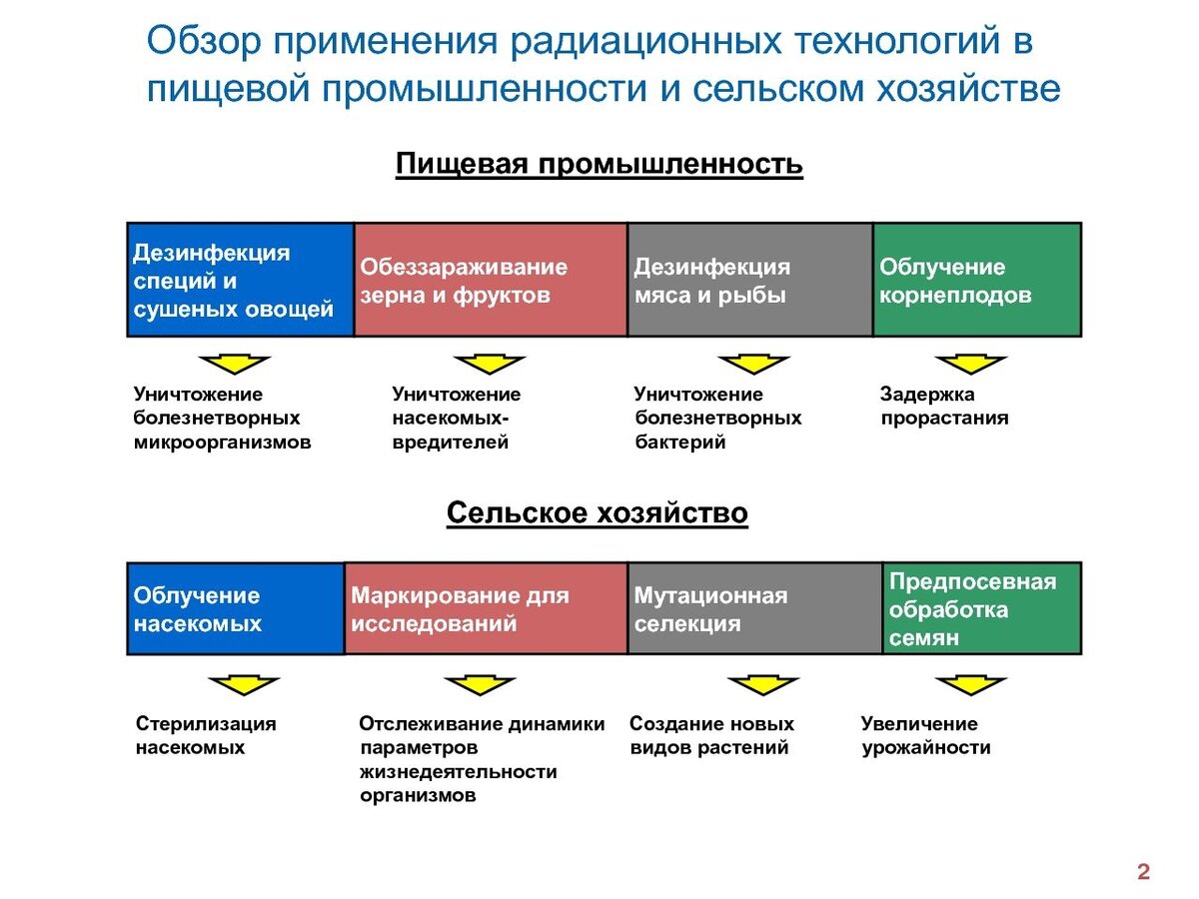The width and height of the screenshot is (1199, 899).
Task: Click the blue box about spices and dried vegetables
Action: pos(240,280)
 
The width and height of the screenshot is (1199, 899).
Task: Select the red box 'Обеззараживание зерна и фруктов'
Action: pos(491,280)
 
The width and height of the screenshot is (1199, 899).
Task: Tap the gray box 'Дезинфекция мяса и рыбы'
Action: pos(749,280)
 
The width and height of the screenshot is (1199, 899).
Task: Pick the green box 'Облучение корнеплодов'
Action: pos(976,280)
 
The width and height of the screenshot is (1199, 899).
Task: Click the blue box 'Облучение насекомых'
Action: pos(235,608)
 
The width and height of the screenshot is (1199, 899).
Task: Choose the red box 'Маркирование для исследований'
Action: pos(486,608)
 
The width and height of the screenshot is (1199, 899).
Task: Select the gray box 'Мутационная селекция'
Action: pos(754,608)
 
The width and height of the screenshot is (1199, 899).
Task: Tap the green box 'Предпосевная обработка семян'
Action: pos(981,608)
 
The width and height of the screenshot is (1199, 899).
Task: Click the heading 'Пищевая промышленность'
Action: pos(599,164)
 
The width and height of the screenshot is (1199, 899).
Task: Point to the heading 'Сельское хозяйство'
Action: pos(597,513)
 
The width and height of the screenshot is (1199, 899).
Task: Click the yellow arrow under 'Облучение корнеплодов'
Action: pos(970,365)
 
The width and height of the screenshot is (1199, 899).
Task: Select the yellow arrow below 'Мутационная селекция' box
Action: pos(763,686)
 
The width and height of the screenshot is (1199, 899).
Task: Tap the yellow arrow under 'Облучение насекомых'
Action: pos(244,686)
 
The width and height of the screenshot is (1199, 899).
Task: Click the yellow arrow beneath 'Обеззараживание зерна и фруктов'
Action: pos(489,365)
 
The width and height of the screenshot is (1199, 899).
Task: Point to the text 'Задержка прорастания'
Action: pos(943,407)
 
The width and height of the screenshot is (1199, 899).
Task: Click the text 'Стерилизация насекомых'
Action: pos(205,735)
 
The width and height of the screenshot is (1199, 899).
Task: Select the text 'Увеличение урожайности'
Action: pos(925,735)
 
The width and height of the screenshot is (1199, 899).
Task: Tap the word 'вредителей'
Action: pos(450,443)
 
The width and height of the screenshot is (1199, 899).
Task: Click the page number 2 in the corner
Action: pos(1143,872)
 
